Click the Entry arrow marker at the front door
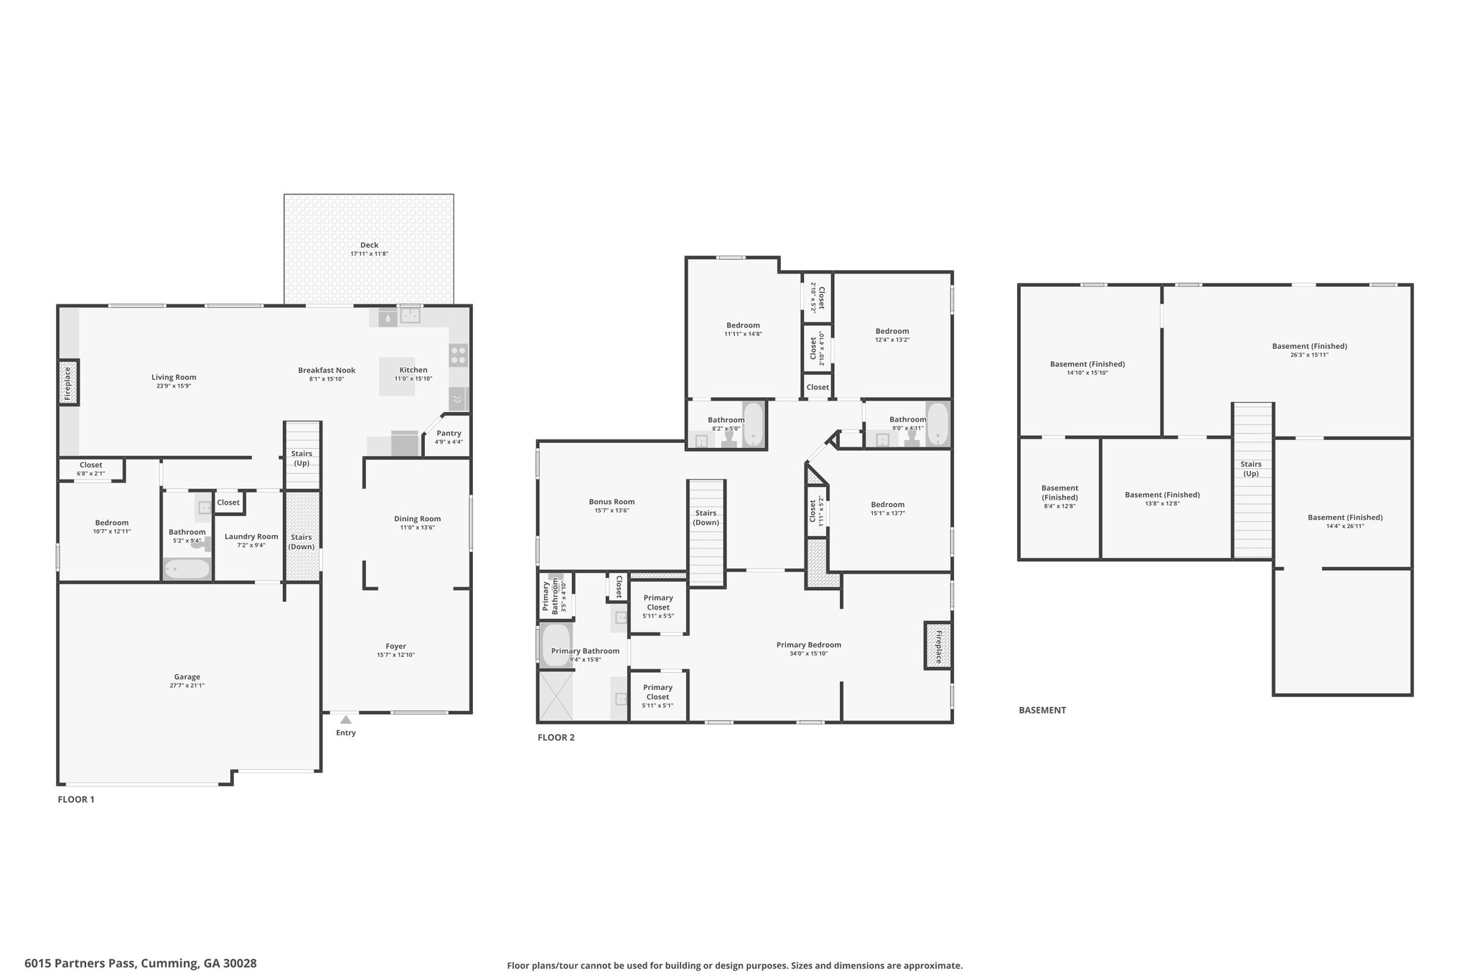click(346, 719)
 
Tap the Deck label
click(369, 245)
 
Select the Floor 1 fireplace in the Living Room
click(68, 383)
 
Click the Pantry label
click(449, 433)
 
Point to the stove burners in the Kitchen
click(458, 355)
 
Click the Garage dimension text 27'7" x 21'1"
click(187, 686)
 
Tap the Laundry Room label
click(251, 536)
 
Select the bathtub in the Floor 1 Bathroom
click(187, 569)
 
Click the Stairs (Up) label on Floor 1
click(301, 458)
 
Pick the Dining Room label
click(417, 518)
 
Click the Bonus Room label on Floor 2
click(612, 502)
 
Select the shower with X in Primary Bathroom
click(556, 695)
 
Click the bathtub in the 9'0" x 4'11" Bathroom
click(937, 424)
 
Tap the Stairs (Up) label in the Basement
click(1251, 469)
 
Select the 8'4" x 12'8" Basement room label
click(1059, 497)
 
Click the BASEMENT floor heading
click(1042, 710)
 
